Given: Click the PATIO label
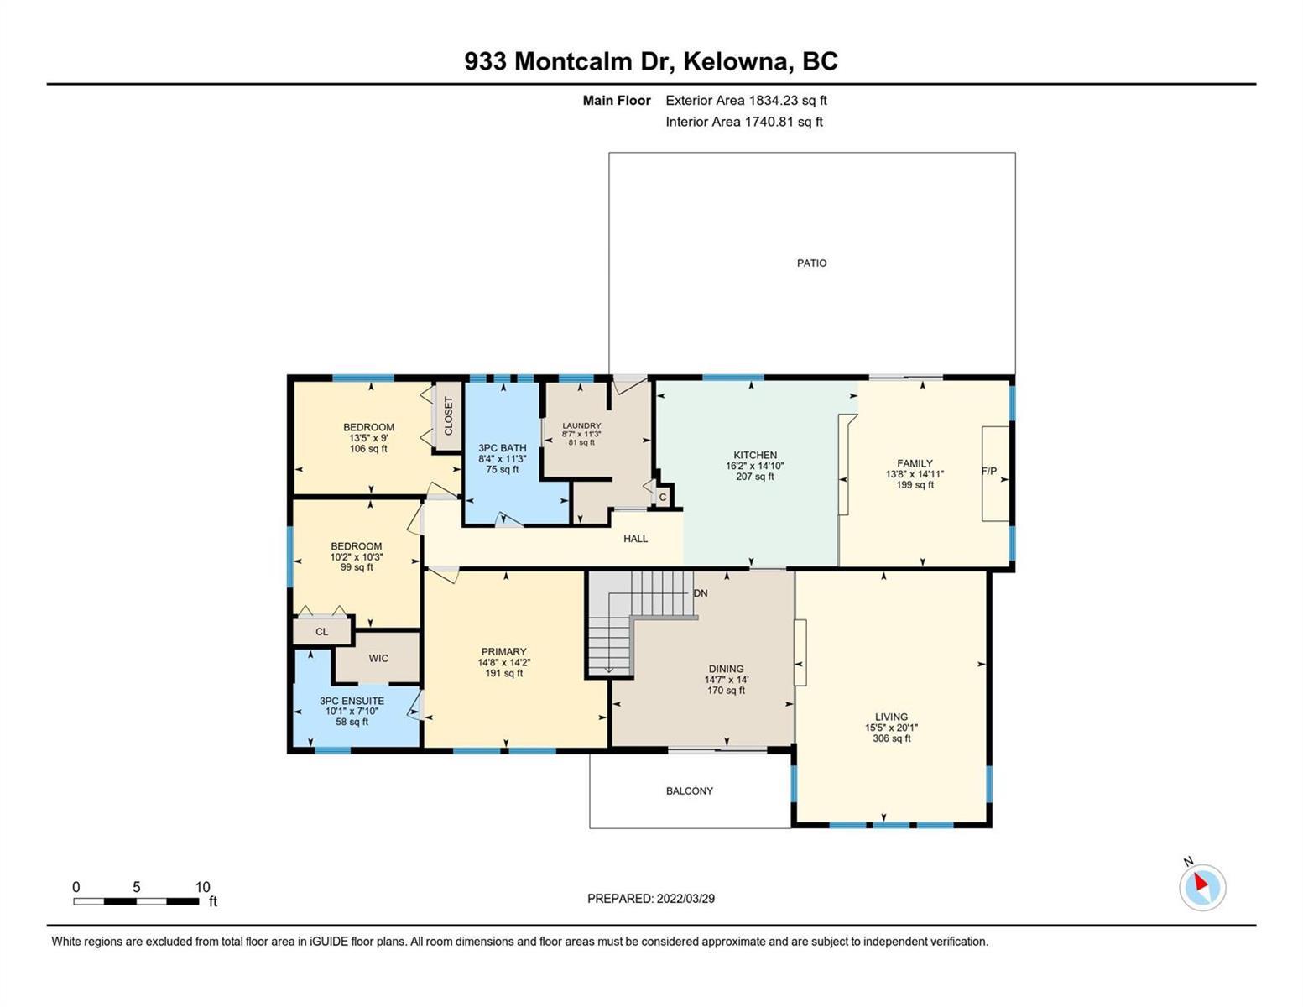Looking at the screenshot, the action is tap(811, 263).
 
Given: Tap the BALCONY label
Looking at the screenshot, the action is tap(690, 791).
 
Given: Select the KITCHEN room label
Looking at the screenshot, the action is tap(755, 455).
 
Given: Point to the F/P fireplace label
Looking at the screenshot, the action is tap(989, 472).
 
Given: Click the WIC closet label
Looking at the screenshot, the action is tap(378, 659).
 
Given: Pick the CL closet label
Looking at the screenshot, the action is tap(322, 632).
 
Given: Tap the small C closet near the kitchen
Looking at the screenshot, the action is tap(663, 497).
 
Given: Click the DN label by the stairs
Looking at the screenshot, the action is tap(701, 593).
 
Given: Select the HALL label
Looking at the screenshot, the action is tap(636, 539).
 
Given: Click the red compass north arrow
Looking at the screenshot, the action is tap(1201, 882).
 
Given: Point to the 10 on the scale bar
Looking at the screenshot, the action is tap(203, 887).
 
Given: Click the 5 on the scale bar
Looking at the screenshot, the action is tap(137, 887).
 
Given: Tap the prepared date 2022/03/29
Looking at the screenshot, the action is tap(685, 899).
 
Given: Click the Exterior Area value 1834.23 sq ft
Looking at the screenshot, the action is tap(787, 101).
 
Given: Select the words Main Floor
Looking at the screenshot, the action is tap(617, 101).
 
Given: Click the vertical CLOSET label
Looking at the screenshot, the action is tap(449, 416).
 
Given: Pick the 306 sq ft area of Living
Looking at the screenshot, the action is tap(892, 738).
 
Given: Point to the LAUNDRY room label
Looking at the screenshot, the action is tap(581, 425).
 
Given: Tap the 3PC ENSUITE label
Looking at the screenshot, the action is tap(352, 701).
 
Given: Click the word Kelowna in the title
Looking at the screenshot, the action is tap(736, 62).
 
